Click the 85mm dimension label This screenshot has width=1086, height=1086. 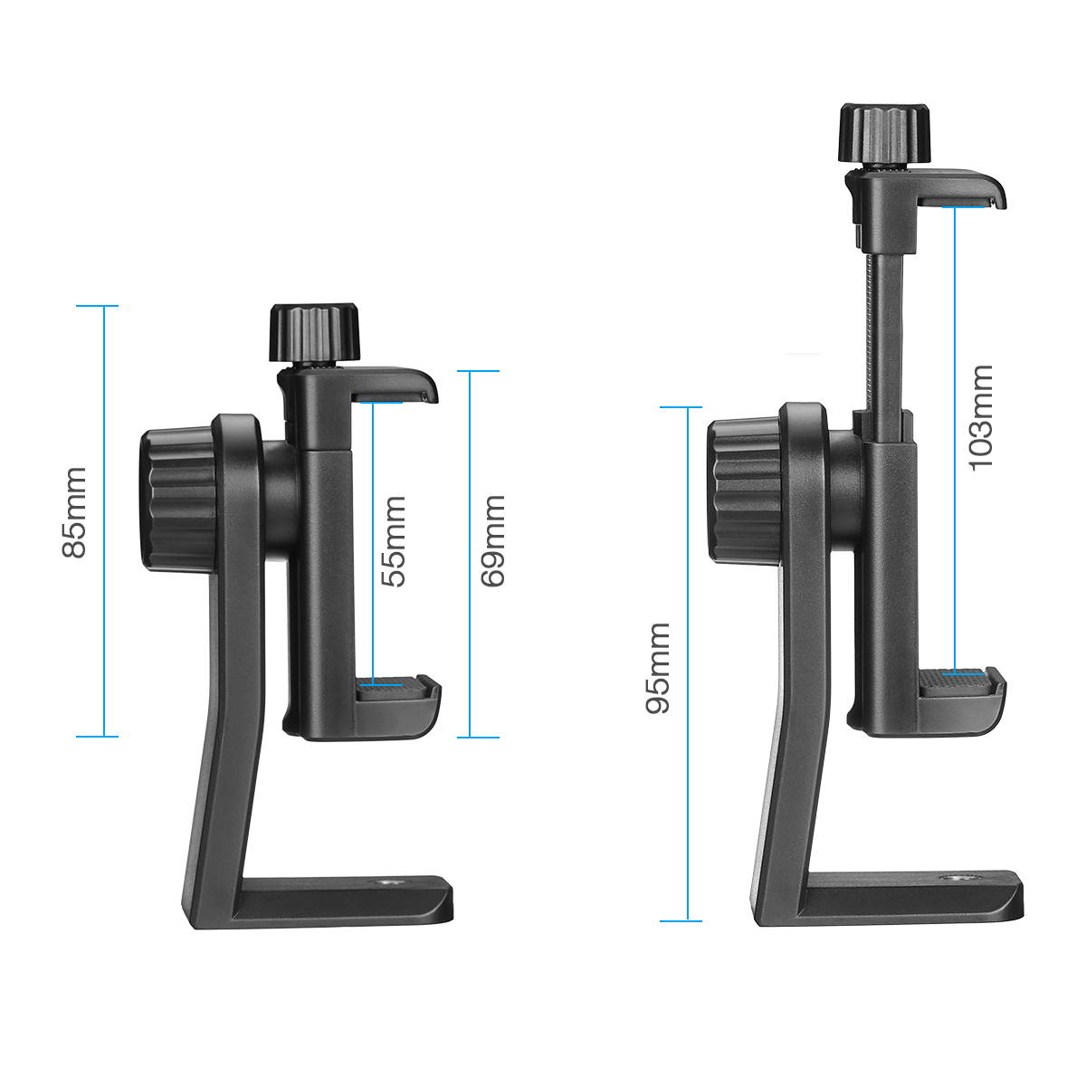74,512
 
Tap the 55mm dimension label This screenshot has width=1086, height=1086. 394,541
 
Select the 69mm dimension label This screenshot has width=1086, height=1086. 492,541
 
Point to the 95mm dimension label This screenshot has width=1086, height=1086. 658,668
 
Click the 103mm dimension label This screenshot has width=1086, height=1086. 981,417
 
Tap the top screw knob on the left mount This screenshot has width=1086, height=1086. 313,334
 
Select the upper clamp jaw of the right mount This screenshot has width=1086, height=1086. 959,187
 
